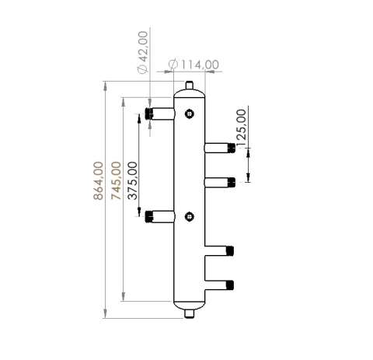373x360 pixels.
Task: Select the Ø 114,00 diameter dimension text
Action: (x=193, y=64)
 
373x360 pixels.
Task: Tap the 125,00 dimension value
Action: (x=241, y=124)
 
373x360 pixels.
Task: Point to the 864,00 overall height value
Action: (x=99, y=180)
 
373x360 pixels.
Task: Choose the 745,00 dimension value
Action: (x=117, y=180)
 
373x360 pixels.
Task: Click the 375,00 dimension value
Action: (x=133, y=180)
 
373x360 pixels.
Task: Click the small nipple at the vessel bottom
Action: (x=190, y=314)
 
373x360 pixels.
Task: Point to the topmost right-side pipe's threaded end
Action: (x=231, y=147)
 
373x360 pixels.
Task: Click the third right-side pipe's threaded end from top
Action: (x=231, y=250)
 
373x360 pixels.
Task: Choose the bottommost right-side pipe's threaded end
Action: (x=231, y=285)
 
